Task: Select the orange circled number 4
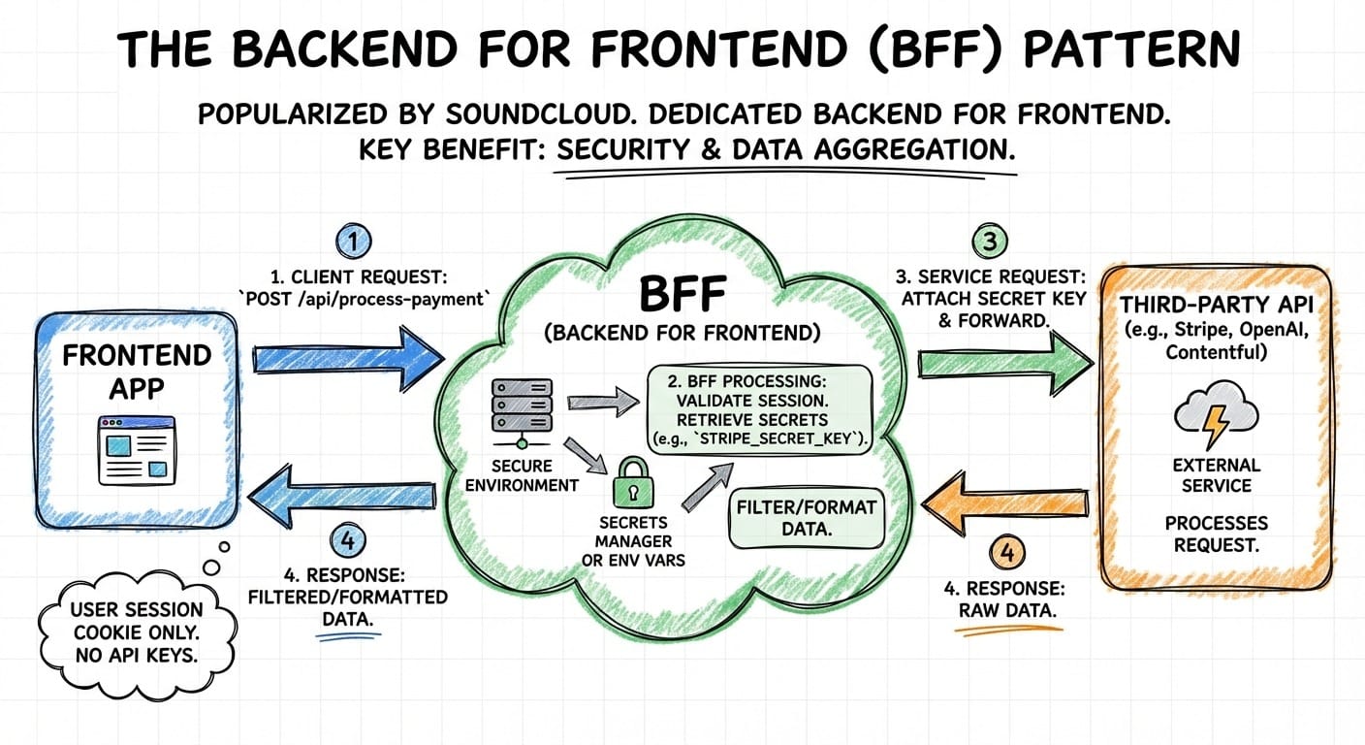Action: tap(1008, 554)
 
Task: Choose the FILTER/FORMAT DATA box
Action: tap(806, 518)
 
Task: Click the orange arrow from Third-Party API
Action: tap(1004, 500)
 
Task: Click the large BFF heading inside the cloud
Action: tap(682, 292)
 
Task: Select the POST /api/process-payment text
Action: tap(361, 299)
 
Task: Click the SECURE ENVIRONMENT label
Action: tap(522, 474)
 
